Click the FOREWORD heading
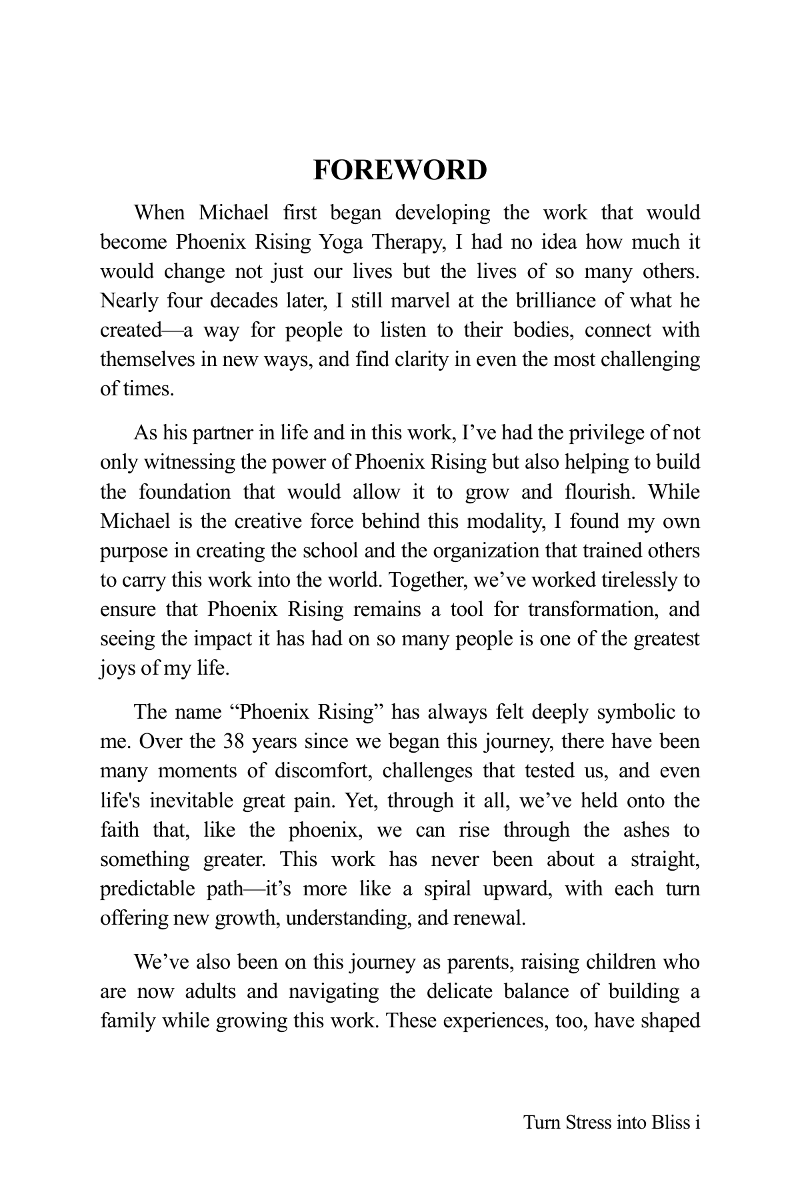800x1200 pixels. pos(400,171)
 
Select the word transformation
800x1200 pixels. pos(589,609)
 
